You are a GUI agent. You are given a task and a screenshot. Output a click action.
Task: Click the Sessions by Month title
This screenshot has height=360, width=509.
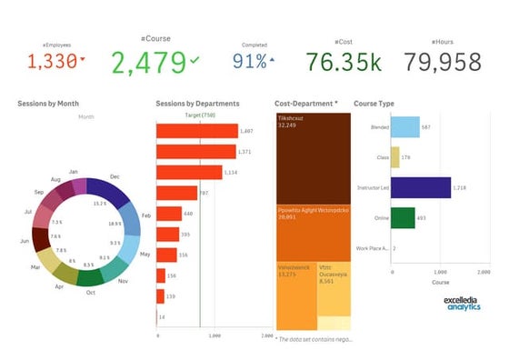click(48, 104)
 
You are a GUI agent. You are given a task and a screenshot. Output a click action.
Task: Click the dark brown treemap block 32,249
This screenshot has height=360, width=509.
click(313, 155)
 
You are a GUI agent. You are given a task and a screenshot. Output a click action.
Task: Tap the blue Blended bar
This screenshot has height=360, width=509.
click(405, 128)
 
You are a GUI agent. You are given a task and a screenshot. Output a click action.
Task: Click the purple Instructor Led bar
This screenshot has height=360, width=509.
click(420, 187)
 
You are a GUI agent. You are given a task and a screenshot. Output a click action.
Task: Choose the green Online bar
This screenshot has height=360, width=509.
click(403, 218)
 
